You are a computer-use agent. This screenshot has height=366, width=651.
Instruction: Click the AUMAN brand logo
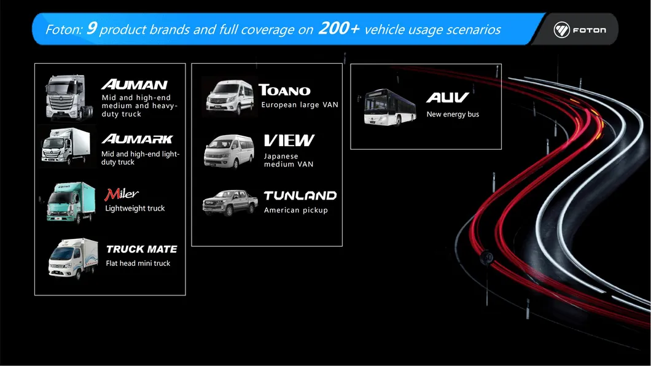134,85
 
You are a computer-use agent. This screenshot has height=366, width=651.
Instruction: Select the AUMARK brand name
137,139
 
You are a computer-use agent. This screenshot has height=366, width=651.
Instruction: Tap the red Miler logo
122,194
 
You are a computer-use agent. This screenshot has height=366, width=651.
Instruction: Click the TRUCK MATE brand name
141,249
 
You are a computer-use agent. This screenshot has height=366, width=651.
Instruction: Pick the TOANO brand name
284,90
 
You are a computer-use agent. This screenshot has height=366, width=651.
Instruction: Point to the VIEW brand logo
289,141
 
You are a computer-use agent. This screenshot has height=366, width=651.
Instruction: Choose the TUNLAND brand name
300,196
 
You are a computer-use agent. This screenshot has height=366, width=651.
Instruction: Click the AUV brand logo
448,98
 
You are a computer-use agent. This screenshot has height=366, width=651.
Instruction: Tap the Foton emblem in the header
562,29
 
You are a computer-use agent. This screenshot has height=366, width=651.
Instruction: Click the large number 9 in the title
91,28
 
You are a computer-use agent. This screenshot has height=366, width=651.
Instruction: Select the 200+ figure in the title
338,28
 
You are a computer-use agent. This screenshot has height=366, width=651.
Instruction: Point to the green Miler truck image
72,201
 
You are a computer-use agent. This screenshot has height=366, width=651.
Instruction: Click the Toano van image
230,97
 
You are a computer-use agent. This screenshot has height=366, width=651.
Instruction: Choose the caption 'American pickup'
296,210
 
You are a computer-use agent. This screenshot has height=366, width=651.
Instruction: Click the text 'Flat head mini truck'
138,263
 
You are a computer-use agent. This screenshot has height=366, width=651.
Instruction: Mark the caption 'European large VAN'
300,105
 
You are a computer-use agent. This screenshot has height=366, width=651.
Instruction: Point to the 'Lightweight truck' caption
135,208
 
